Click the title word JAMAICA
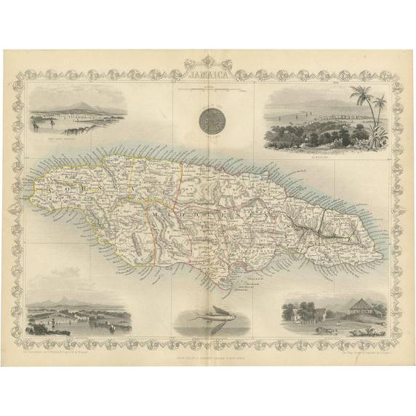[x=208, y=74]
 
